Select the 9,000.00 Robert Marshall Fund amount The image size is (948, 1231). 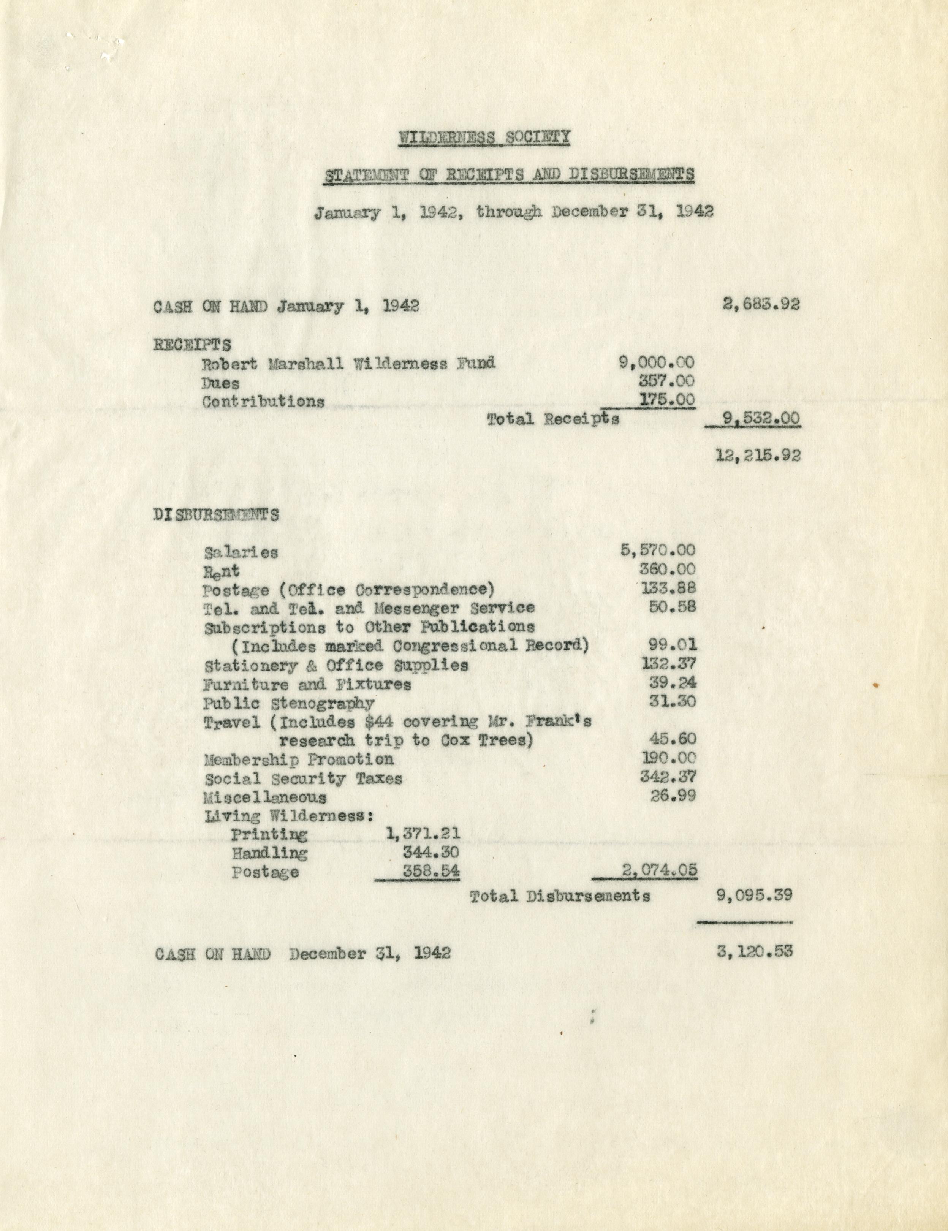point(657,362)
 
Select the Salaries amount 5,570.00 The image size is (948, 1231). point(658,550)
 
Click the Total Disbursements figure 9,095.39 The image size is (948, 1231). point(755,896)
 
